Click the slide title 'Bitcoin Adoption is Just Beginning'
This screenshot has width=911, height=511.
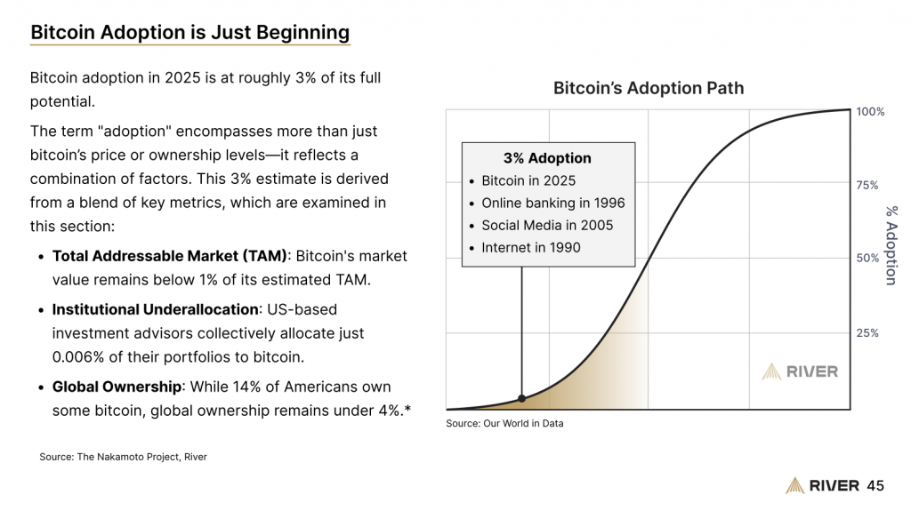[189, 33]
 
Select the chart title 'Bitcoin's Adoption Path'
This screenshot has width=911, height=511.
[648, 88]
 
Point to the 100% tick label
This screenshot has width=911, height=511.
[870, 112]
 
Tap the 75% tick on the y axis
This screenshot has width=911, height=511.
[867, 186]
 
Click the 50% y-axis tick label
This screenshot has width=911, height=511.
[867, 259]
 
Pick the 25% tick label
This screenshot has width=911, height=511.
[867, 333]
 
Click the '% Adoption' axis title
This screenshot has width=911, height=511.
[891, 244]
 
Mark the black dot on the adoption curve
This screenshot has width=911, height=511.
[521, 399]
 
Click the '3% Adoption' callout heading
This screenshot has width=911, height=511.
[547, 158]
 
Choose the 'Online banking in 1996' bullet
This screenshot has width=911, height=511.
[553, 203]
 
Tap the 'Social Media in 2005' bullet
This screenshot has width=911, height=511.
[547, 225]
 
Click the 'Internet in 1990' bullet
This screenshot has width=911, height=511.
[531, 247]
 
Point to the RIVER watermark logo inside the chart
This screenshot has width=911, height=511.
[800, 371]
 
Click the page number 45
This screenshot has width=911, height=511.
[875, 485]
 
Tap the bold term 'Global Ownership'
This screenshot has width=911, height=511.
[117, 387]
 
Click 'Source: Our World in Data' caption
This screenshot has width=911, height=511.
[504, 424]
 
